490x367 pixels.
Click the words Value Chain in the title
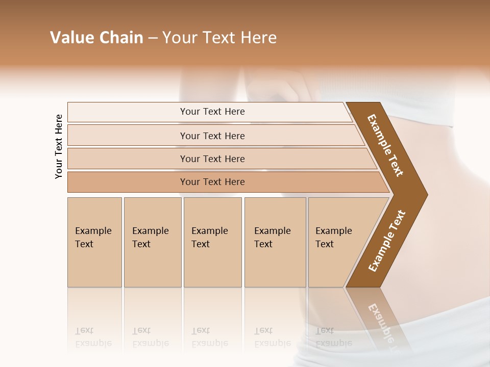tap(96, 38)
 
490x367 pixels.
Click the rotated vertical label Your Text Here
tap(59, 146)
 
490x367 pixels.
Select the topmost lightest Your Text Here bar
tap(212, 112)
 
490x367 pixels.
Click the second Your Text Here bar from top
tap(212, 136)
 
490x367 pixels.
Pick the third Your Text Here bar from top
tap(212, 159)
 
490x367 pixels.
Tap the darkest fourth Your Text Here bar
tap(212, 182)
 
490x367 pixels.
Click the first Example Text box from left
tap(94, 242)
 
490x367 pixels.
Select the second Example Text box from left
tap(152, 242)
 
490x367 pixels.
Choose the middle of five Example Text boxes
tap(212, 242)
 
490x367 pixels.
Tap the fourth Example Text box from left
tap(275, 242)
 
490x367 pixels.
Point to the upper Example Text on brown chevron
tap(386, 145)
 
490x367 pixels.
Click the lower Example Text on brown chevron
tap(387, 241)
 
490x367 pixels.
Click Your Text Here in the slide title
tap(219, 38)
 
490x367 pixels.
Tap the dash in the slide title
tap(153, 38)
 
